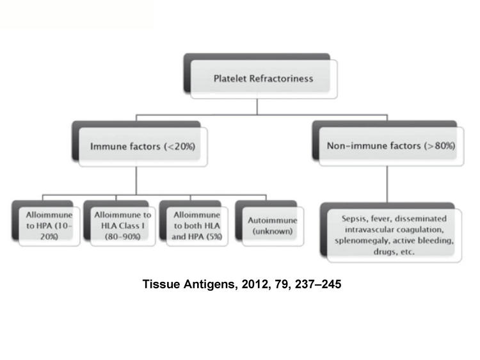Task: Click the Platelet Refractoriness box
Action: (x=260, y=76)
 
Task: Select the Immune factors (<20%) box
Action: (x=140, y=144)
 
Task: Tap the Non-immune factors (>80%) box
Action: (x=388, y=143)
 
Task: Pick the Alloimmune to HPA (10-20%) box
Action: (x=46, y=224)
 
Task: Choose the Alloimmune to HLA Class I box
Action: (x=120, y=224)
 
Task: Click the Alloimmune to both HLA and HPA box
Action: (x=194, y=224)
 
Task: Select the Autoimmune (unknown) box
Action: (x=269, y=224)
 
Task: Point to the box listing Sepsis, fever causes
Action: (x=391, y=233)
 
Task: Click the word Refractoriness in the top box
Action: (x=281, y=79)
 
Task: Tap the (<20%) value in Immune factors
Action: (x=179, y=147)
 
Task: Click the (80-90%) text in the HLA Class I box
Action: (x=122, y=237)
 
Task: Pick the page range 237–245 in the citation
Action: (x=318, y=284)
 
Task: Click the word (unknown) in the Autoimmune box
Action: (x=273, y=231)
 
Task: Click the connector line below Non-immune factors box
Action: (x=387, y=184)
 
